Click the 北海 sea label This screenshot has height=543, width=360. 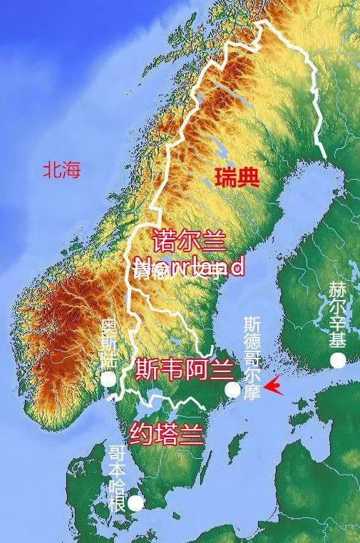click(x=61, y=170)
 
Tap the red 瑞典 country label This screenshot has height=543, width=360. click(x=236, y=177)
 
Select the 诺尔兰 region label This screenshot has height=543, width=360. click(x=189, y=241)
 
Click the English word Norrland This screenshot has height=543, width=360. click(x=190, y=267)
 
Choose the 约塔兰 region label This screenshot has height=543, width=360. click(x=167, y=433)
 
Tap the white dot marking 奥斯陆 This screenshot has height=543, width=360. click(x=108, y=378)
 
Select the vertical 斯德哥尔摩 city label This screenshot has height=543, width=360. click(x=252, y=358)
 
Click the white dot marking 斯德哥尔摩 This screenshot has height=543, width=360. click(x=232, y=389)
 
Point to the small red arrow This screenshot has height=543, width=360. click(x=273, y=388)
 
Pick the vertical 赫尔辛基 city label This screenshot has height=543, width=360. click(x=337, y=314)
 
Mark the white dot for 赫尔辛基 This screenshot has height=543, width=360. click(x=338, y=361)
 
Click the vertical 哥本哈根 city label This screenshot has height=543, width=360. click(x=117, y=479)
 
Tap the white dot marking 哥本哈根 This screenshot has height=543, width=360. click(x=135, y=503)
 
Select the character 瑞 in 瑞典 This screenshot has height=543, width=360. click(x=225, y=177)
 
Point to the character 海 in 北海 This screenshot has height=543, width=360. click(x=71, y=170)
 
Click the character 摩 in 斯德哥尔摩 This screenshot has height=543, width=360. click(x=252, y=393)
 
